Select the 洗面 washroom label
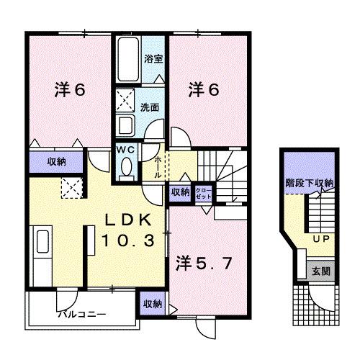tap(150, 107)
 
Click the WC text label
tap(127, 150)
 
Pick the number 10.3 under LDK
tap(128, 242)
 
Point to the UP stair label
tap(320, 238)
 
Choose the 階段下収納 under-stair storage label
tap(309, 183)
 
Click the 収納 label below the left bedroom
tap(57, 162)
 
